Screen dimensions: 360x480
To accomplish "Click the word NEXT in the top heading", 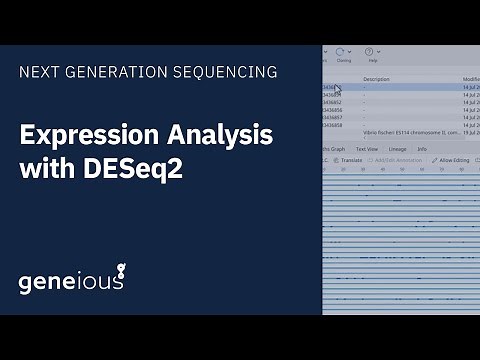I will tap(38, 72).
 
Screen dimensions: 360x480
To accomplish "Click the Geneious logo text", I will tap(70, 281).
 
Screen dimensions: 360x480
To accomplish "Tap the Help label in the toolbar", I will tap(373, 61).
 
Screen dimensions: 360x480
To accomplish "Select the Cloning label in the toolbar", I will tap(344, 61).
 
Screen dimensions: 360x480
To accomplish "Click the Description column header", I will tap(376, 78).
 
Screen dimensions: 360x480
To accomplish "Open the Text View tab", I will tap(366, 149).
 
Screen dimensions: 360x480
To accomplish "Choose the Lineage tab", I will tap(397, 149).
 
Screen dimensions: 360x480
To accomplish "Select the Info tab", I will tap(422, 149).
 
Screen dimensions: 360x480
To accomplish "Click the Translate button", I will tap(350, 160).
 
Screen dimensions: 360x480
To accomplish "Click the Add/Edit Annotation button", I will tap(392, 160).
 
